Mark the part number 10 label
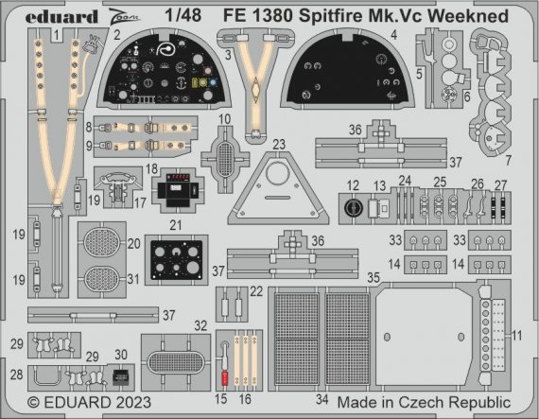[224, 120]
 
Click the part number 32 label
[200, 324]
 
